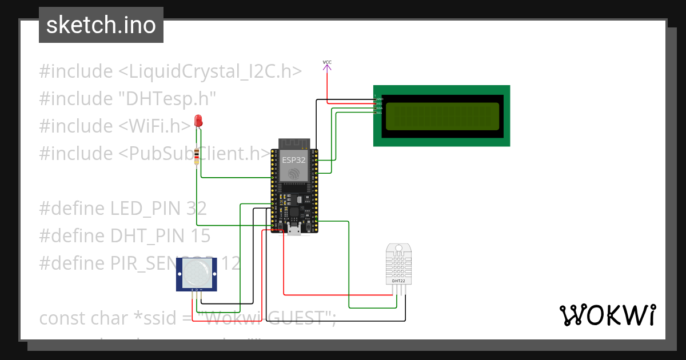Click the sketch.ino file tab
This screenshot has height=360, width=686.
[101, 25]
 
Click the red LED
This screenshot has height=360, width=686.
[198, 121]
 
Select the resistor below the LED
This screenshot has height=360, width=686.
[198, 156]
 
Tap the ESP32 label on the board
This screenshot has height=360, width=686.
[294, 161]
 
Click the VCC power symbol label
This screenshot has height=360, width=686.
[327, 62]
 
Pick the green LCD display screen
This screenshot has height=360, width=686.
[442, 116]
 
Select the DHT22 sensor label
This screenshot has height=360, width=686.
[398, 281]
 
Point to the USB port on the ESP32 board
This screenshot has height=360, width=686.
[294, 230]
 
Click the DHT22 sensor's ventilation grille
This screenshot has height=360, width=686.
[398, 263]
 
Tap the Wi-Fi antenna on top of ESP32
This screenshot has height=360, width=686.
[294, 143]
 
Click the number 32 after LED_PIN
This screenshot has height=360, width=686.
[196, 209]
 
